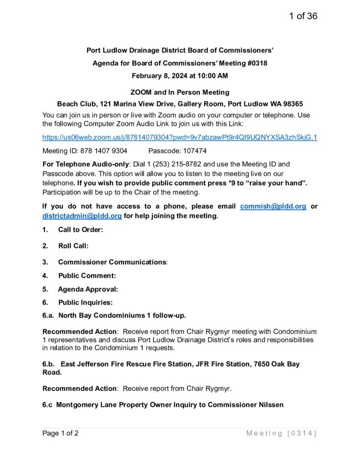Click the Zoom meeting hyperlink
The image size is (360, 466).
point(180,137)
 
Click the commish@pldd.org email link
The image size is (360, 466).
point(273,206)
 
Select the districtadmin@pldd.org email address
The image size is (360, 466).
point(82,216)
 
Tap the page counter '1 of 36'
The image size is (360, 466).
point(303,16)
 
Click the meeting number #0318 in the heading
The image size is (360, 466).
point(258,63)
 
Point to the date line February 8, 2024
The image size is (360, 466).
point(180,76)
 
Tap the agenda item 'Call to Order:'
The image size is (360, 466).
point(81,230)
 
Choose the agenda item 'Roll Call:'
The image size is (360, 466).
point(73,246)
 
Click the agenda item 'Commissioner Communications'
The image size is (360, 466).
point(112,262)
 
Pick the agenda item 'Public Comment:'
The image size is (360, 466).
point(87,275)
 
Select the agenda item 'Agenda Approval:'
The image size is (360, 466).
point(88,289)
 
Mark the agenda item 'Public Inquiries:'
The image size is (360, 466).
point(85,302)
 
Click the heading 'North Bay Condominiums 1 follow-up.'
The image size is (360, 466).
point(122,315)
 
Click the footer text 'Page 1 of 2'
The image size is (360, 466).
point(61,433)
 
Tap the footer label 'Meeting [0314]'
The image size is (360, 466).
point(281,433)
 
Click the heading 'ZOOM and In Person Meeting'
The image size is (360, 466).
point(180,92)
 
